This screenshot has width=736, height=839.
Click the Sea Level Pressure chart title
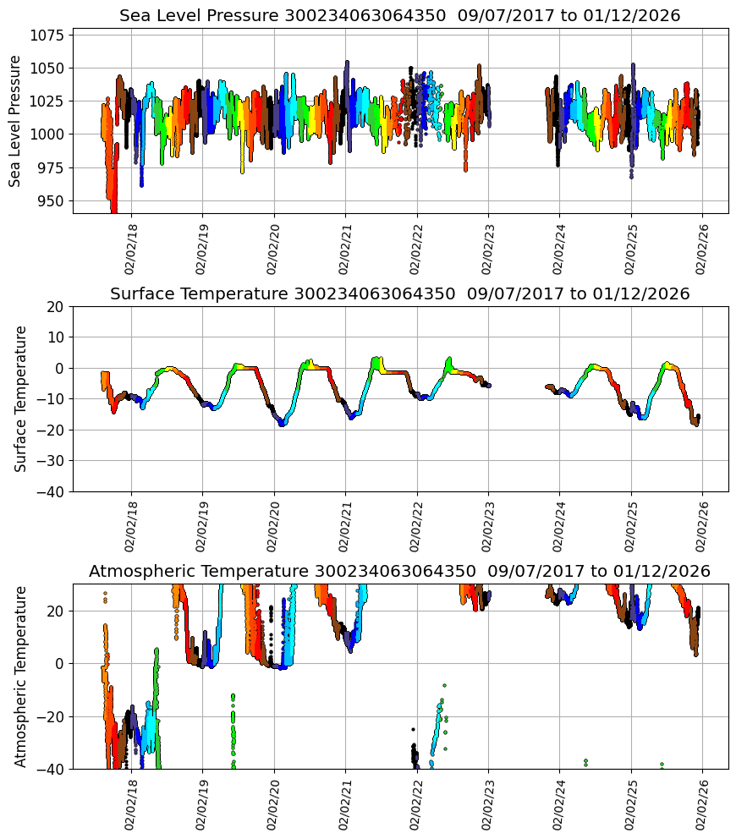coord(399,15)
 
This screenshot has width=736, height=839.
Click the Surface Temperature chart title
coord(399,293)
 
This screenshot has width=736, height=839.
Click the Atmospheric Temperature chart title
coord(399,572)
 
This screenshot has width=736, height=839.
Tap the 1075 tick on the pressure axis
coord(48,36)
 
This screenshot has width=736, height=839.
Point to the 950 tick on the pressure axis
coord(52,201)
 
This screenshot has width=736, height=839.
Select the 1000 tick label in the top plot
coord(48,134)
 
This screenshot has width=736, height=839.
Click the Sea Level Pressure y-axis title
coord(15,121)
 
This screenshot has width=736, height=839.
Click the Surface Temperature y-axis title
coord(21,398)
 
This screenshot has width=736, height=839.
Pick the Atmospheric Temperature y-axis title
coord(21,677)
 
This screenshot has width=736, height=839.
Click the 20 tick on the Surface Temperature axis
coord(55,306)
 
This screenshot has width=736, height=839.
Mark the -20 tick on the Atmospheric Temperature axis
coord(50,716)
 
